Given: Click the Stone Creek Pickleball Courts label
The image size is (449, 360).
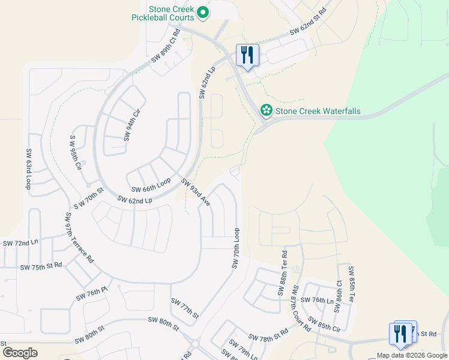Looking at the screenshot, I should (x=164, y=13).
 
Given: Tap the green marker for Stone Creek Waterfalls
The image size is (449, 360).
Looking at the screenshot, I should (x=265, y=110).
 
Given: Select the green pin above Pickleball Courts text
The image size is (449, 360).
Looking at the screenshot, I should (x=203, y=12).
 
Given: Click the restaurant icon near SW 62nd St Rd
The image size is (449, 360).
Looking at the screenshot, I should (x=247, y=56).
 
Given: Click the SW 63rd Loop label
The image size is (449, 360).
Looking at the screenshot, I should (x=28, y=170).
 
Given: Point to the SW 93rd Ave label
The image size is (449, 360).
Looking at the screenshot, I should (x=196, y=193).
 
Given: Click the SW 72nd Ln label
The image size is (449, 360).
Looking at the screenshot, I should (x=20, y=243).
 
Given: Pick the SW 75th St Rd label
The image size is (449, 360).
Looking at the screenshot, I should (x=41, y=266).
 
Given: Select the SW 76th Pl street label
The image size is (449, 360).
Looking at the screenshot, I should (x=91, y=294).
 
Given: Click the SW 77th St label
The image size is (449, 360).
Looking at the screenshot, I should (x=184, y=307).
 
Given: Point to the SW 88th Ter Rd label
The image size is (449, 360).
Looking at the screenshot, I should (x=283, y=274).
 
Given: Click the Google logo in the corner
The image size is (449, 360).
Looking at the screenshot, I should (x=20, y=352).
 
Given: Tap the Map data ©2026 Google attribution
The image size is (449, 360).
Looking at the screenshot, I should (x=411, y=355).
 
